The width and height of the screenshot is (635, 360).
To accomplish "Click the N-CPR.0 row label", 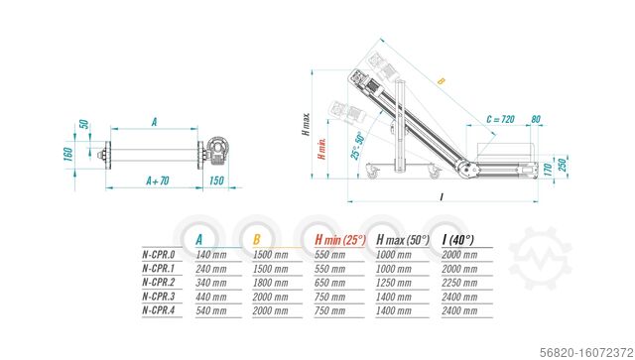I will coord(158,254).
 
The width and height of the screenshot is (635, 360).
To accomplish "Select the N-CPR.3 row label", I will coord(158,296).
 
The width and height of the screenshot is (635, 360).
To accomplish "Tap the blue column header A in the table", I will coord(199,238).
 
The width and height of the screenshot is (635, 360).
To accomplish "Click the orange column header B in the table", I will coord(257,238).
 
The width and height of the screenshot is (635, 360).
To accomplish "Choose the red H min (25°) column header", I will coord(340,238).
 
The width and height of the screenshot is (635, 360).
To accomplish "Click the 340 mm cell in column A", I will coord(211,282).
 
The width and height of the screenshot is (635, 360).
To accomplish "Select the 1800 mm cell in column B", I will coord(271,282).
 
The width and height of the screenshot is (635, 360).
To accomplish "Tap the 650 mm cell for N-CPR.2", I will coord(330,282).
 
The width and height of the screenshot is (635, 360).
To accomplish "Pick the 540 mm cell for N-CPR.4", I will coord(211,309).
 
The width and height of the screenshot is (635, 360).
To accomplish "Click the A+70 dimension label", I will coord(158,181).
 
